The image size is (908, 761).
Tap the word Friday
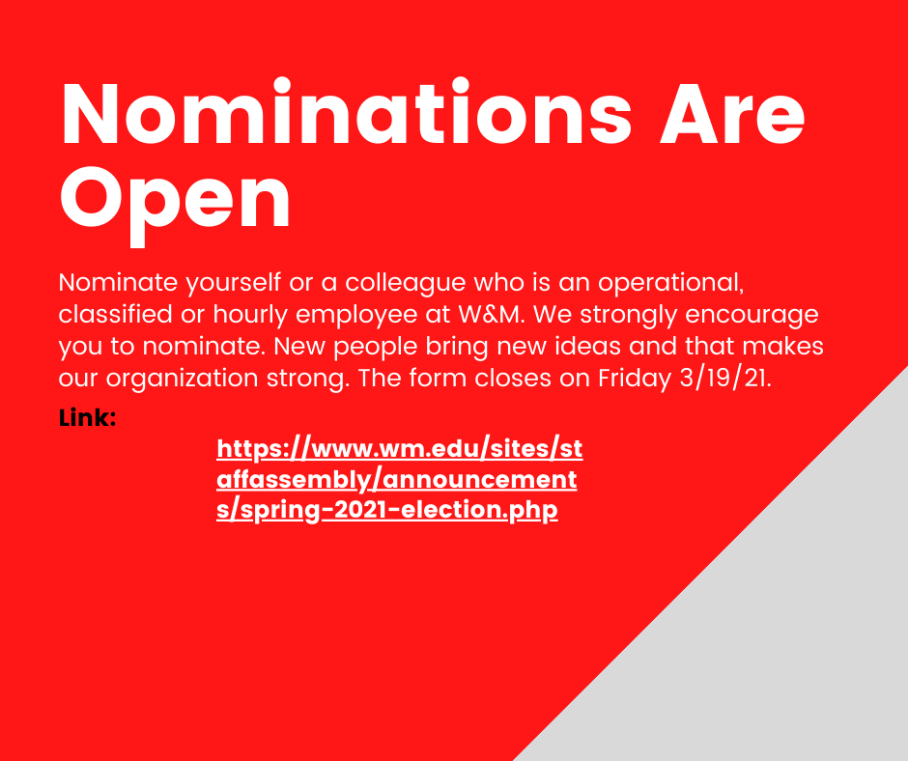[x=632, y=377]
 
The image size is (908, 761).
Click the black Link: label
[x=87, y=418]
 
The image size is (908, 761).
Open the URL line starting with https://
[x=399, y=449]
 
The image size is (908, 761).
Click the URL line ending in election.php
[x=386, y=510]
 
